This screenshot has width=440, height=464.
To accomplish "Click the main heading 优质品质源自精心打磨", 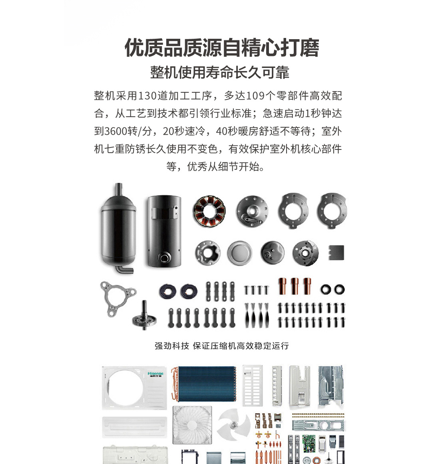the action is coord(222,48).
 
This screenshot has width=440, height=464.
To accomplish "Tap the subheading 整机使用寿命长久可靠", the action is coord(219,72).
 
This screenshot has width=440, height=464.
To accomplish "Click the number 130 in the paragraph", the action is coord(147,96).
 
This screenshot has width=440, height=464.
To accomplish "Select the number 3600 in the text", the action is coord(116,131).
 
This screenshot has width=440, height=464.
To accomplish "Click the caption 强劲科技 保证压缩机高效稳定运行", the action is coord(222,346).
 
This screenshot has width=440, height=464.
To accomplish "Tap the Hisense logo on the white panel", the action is coord(155,374).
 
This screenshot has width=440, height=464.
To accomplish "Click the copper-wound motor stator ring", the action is coord(209,211).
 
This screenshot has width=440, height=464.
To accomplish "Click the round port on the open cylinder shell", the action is coord(164,257).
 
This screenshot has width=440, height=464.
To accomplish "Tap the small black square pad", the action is coord(336,253).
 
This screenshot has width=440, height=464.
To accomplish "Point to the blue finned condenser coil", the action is coord(204,384).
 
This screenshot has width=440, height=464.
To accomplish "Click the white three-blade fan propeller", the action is coord(234,425).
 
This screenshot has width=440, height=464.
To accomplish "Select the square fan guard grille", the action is coord(192,425).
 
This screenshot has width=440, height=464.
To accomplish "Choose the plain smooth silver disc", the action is coord(240,253).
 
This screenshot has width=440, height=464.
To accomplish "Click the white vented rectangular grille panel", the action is coord(253,385).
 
